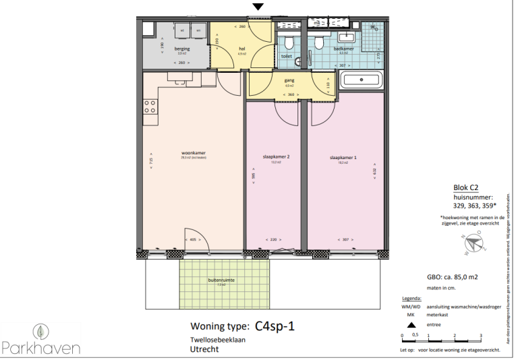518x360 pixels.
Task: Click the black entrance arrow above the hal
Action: [x=258, y=7]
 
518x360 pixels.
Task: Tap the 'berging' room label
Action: [x=182, y=49]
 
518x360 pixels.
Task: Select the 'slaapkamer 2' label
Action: [x=276, y=157]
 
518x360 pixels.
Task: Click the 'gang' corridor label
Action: [x=289, y=80]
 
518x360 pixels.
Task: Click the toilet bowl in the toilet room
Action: [x=289, y=44]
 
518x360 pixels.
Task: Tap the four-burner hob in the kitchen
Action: [x=150, y=107]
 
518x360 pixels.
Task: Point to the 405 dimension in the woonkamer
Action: [x=192, y=239]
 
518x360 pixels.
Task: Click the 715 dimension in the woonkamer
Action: [x=151, y=162]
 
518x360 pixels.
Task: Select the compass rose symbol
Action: [x=475, y=243]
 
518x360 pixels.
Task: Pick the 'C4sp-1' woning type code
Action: [x=275, y=327]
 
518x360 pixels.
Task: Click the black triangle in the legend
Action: [x=412, y=324]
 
